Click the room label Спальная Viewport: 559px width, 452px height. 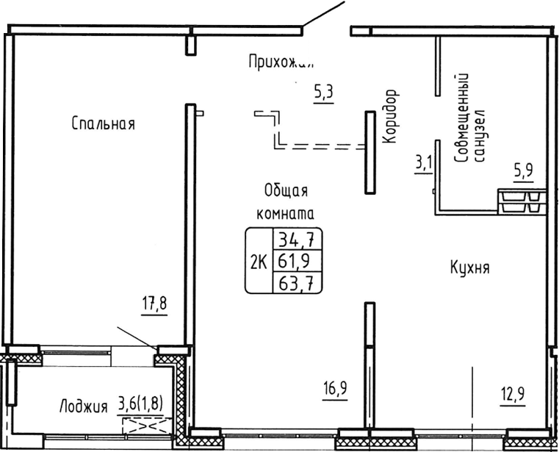click(104, 123)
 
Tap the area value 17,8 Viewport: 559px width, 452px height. click(155, 302)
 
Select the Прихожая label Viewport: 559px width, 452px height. click(281, 62)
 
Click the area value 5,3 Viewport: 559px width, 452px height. click(323, 93)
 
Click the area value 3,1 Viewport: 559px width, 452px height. click(424, 162)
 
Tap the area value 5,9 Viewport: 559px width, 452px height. click(522, 171)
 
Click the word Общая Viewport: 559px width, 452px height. click(285, 191)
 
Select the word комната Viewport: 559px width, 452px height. click(285, 215)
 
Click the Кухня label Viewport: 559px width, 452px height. click(469, 268)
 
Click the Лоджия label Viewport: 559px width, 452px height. click(83, 406)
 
